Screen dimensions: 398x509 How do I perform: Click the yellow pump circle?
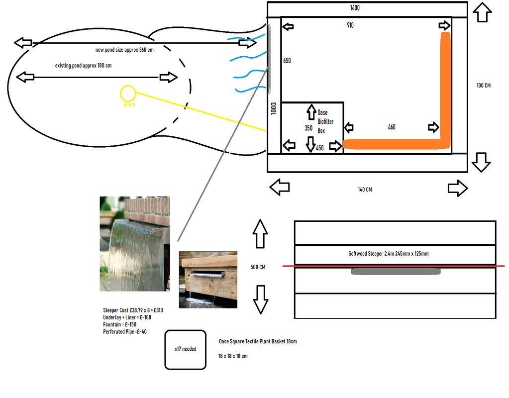128,93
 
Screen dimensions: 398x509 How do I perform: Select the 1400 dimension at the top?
355,8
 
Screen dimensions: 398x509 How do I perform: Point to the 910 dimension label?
350,25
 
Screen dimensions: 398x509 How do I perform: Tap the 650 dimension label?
287,61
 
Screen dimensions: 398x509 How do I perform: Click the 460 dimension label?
392,127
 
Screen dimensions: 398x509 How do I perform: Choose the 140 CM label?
365,190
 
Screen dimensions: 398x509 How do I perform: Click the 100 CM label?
483,86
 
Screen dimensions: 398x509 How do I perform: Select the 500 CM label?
258,267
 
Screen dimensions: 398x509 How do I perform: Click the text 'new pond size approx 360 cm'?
124,50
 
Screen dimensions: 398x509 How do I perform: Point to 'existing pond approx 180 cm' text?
83,66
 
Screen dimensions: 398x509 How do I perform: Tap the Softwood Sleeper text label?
389,254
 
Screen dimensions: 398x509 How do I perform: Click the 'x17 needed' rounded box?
185,349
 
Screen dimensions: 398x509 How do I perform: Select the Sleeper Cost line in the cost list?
133,310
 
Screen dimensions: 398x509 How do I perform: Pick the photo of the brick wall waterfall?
135,244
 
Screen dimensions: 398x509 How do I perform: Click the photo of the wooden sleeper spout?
208,280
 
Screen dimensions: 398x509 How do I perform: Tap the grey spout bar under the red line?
396,271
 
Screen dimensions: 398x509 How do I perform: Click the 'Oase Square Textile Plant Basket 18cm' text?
258,342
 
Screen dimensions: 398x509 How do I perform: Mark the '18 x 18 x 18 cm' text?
233,356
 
